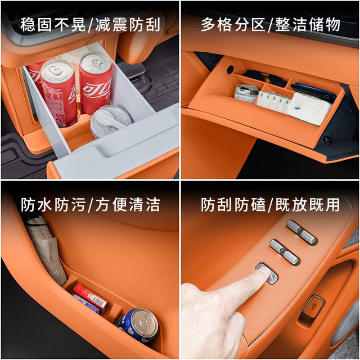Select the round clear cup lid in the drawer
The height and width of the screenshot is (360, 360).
click(110, 120)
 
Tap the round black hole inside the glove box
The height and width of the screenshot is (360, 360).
click(230, 69)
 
